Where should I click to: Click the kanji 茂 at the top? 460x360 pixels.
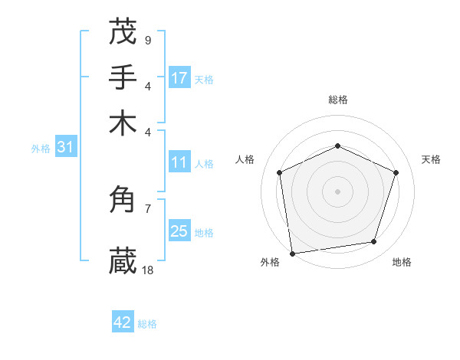click(x=123, y=32)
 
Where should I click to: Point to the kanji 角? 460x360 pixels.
click(x=123, y=200)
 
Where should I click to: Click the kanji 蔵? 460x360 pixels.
click(x=123, y=261)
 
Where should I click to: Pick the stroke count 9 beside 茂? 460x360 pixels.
click(x=147, y=40)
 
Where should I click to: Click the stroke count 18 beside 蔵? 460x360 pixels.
click(x=148, y=270)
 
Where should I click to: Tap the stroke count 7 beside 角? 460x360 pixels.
click(x=147, y=208)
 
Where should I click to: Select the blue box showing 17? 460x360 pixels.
click(x=179, y=78)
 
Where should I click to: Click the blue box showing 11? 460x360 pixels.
click(x=179, y=162)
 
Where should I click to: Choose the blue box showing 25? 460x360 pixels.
click(x=179, y=231)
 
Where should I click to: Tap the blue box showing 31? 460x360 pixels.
click(x=64, y=148)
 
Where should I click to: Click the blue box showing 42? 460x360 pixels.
click(x=123, y=322)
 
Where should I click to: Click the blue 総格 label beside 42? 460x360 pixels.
click(x=147, y=324)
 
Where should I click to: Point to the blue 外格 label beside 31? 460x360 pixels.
click(x=41, y=149)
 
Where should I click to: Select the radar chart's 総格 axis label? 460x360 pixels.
click(x=337, y=100)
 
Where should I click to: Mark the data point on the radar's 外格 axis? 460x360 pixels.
click(x=292, y=253)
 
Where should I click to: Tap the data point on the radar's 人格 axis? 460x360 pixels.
click(x=280, y=172)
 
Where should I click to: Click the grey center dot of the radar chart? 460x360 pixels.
click(x=337, y=191)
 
